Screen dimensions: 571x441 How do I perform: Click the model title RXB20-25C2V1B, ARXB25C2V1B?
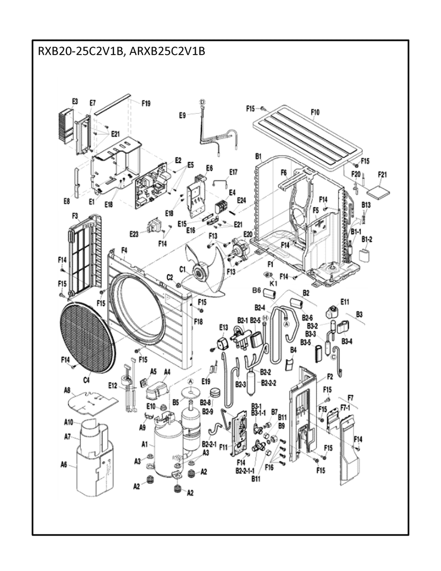(x=121, y=52)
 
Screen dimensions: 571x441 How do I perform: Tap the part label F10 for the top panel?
(x=315, y=112)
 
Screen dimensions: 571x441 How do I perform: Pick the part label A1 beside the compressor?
(x=145, y=444)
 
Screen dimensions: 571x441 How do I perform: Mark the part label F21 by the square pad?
(x=382, y=174)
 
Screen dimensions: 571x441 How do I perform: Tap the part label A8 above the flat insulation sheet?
(x=67, y=391)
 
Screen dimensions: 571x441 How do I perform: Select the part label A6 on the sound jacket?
(x=64, y=465)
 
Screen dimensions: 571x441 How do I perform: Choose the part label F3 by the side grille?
(x=74, y=215)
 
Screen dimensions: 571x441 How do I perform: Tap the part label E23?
(x=134, y=234)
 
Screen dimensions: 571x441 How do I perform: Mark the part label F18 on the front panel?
(x=198, y=321)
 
